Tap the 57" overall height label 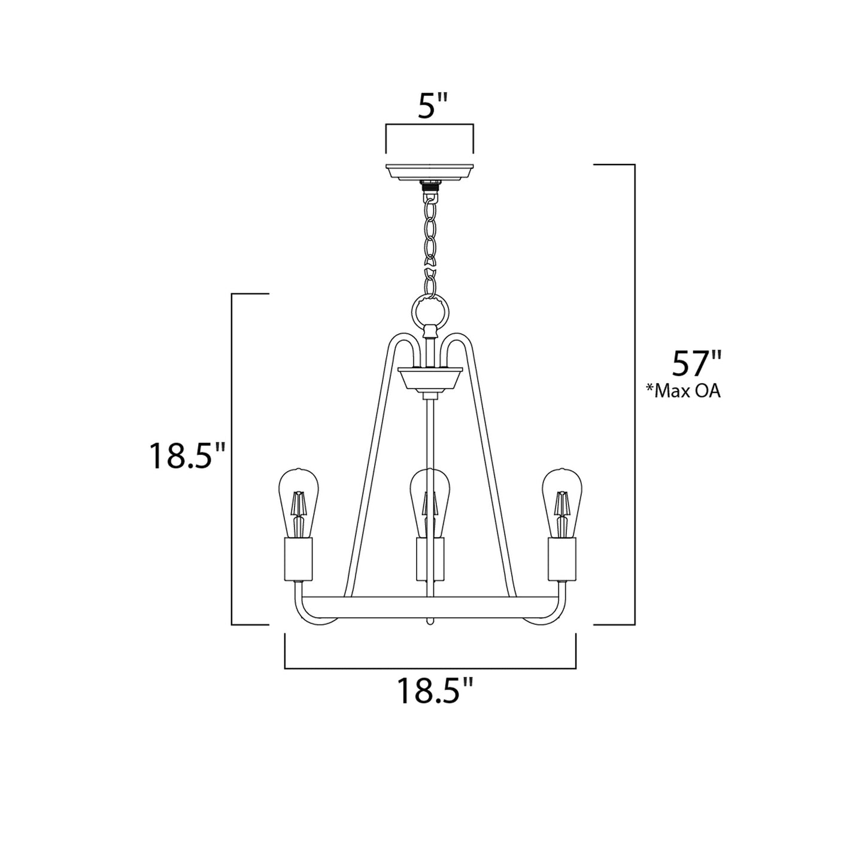coord(697,362)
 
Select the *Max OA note coord(682,391)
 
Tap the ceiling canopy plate coord(430,171)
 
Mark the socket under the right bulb coord(562,559)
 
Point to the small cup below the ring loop coord(430,379)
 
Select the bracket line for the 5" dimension coord(430,125)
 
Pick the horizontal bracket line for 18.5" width coord(430,667)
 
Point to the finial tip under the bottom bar coord(429,622)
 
